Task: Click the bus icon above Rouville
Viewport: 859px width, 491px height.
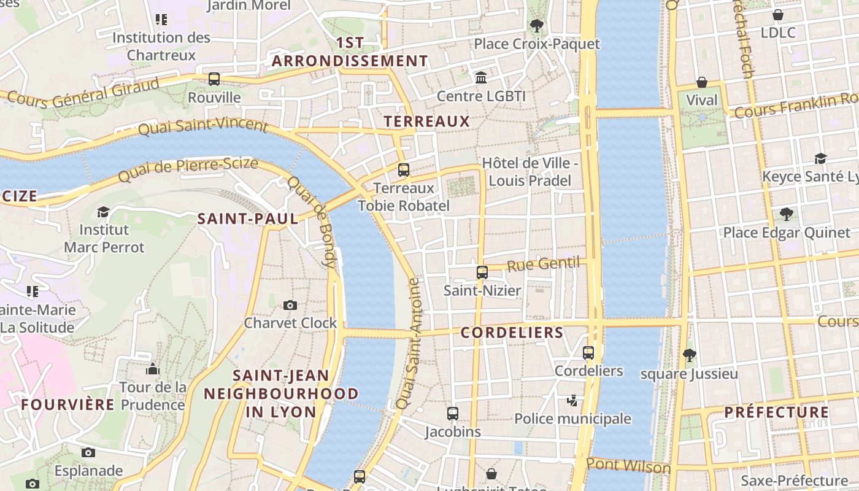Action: tap(214, 79)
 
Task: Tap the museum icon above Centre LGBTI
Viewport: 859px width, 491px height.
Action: tap(481, 78)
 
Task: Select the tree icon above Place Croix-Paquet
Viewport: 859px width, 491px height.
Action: tap(537, 25)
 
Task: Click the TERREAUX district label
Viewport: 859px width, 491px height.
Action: tap(426, 122)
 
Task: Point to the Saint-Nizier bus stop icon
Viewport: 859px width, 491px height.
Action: tap(482, 272)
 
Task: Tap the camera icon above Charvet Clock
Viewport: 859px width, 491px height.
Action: tap(290, 305)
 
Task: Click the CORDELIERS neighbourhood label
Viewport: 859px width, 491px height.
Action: tap(512, 333)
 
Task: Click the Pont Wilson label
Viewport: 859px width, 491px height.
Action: tap(628, 466)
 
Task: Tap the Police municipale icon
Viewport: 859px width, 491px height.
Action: tap(572, 401)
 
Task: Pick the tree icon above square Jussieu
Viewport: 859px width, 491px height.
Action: tap(689, 355)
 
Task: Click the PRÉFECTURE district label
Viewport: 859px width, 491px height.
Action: tap(776, 412)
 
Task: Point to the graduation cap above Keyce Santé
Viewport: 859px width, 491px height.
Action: tap(820, 158)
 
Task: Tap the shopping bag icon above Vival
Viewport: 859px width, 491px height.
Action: tap(701, 82)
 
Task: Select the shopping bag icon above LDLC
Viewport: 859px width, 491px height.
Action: tap(777, 15)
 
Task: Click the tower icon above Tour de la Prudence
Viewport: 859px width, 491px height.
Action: tap(152, 369)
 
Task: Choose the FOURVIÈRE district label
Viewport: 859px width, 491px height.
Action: tap(67, 404)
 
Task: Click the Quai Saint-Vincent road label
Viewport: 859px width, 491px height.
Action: tap(202, 127)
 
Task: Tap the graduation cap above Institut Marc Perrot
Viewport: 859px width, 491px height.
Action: tap(104, 212)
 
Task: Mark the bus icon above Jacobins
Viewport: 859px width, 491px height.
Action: tap(453, 413)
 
